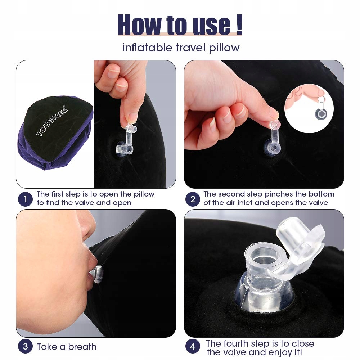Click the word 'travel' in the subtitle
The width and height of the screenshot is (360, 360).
(190, 48)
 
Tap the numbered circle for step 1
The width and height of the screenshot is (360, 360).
(25, 199)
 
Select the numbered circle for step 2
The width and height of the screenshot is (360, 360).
(193, 199)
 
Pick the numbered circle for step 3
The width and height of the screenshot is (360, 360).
(25, 346)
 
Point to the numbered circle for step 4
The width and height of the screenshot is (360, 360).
(193, 346)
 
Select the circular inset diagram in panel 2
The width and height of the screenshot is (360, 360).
(309, 108)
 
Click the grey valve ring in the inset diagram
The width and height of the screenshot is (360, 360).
(321, 114)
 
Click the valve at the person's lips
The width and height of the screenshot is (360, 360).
(97, 274)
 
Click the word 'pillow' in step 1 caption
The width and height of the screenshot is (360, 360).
(144, 194)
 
